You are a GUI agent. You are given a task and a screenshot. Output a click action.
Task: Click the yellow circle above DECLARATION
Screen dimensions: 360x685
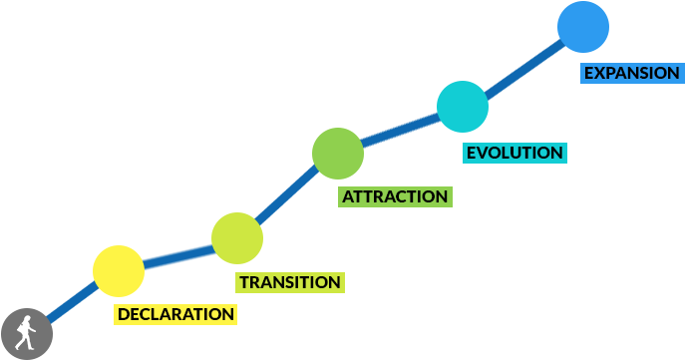[119, 270]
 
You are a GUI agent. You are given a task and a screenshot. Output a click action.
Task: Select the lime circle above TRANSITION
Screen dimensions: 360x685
[237, 238]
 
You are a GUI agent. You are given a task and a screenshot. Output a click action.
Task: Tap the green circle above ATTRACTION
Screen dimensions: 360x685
[338, 154]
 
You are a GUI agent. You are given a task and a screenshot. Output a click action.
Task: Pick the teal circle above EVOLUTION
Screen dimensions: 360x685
[463, 107]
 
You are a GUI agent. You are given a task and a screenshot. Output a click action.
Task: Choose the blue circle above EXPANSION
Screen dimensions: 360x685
[583, 27]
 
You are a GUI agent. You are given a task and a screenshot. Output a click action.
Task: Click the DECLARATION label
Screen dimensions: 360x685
[176, 315]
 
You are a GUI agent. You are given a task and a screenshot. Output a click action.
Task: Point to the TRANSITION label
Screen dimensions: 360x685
[290, 282]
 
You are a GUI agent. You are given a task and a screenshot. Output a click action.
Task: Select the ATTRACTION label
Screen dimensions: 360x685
[395, 196]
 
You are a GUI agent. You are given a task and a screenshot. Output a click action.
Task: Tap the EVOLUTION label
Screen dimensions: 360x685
[514, 154]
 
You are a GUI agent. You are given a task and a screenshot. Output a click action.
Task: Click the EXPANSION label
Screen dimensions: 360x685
[631, 73]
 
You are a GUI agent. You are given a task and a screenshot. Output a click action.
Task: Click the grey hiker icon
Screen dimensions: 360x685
[26, 333]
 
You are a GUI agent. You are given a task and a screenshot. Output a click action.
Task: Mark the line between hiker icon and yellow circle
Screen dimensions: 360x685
[70, 302]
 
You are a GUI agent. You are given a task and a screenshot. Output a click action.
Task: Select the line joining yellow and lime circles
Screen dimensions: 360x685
[177, 255]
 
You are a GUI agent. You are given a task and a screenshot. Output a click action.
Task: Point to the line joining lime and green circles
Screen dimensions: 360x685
[287, 196]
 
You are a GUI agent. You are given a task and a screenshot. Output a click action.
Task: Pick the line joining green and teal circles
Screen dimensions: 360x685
[400, 131]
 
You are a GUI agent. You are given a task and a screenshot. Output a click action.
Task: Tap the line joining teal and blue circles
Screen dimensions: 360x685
[522, 67]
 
